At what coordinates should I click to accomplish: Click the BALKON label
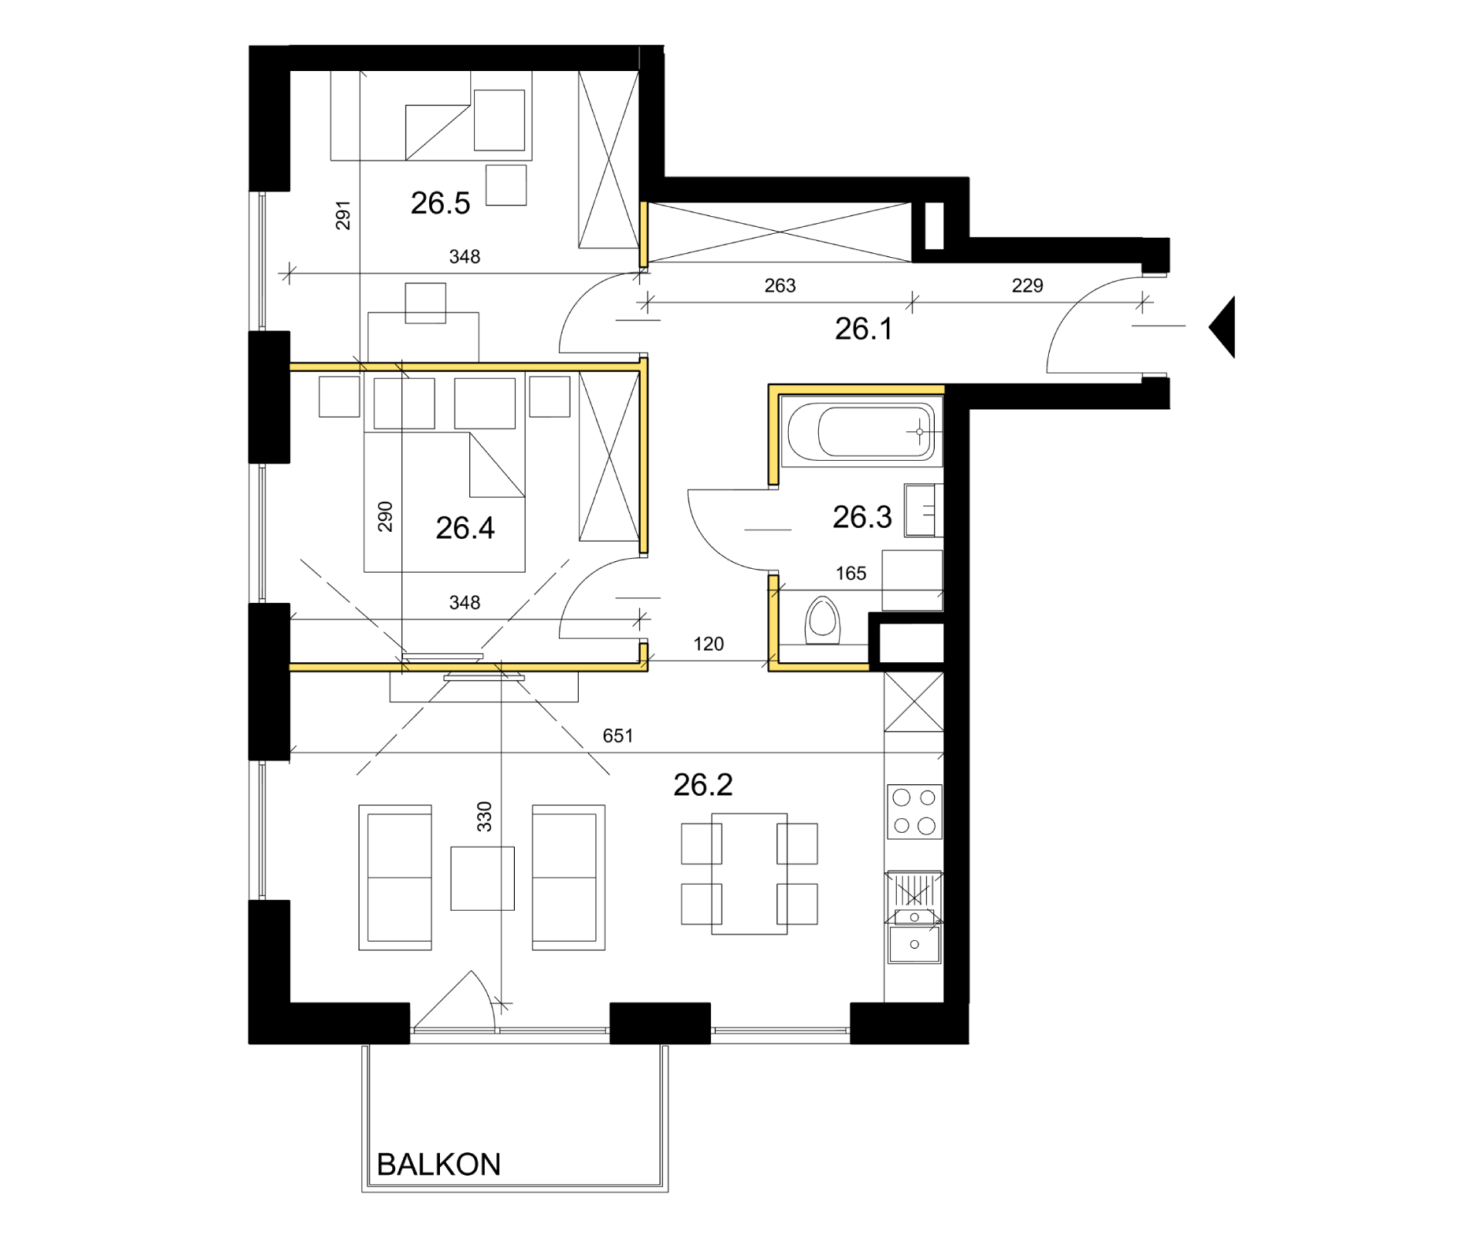(x=438, y=1165)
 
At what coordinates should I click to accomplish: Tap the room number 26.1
(x=864, y=329)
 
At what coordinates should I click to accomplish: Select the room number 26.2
(x=702, y=785)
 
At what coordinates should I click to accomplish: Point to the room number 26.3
(x=862, y=517)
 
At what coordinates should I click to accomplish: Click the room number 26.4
(x=465, y=528)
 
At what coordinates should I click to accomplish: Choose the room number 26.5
(x=440, y=203)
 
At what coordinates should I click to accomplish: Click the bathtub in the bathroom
(x=861, y=431)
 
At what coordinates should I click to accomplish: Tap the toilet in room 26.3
(x=822, y=620)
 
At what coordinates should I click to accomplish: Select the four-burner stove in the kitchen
(x=915, y=811)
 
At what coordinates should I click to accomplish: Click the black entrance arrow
(x=1223, y=327)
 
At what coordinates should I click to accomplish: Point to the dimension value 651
(x=617, y=736)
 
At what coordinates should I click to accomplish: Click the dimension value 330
(x=484, y=817)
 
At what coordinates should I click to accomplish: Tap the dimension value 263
(x=780, y=286)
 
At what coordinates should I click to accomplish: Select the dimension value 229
(x=1027, y=286)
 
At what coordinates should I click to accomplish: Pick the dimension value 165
(x=851, y=574)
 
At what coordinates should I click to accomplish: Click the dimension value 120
(x=709, y=645)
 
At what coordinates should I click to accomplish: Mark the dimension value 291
(x=343, y=215)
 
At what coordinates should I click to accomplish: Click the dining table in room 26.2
(x=749, y=874)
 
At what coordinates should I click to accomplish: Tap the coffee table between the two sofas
(x=482, y=878)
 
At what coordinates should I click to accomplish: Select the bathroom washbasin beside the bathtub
(x=920, y=510)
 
